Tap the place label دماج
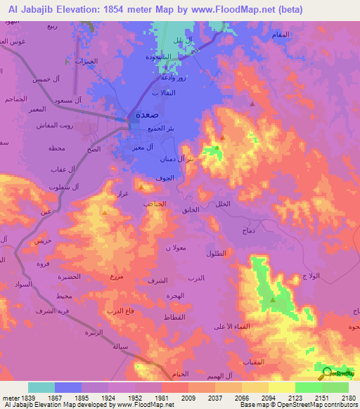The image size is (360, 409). (x=249, y=230)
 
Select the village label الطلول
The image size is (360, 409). (x=215, y=253)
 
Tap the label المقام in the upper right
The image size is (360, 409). (x=280, y=34)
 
